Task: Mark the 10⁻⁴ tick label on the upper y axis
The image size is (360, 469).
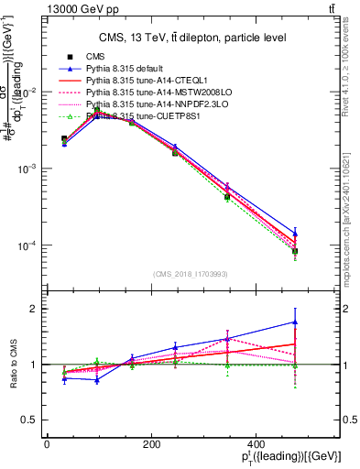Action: point(27,245)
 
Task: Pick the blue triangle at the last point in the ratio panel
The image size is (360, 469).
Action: point(295,322)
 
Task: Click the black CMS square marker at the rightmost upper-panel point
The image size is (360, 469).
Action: point(295,251)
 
